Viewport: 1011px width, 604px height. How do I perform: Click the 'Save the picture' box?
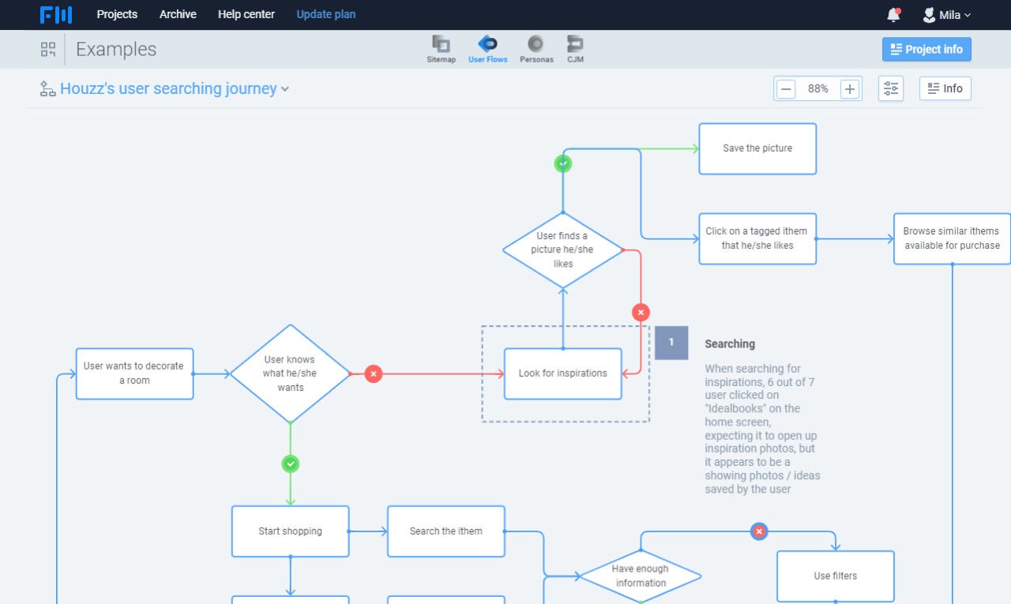coord(757,148)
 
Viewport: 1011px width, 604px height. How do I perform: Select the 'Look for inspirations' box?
coord(562,373)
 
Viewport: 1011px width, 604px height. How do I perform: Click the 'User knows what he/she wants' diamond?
coord(290,373)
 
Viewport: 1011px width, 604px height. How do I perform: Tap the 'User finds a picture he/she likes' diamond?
coord(562,249)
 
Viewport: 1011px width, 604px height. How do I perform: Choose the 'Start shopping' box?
coord(290,531)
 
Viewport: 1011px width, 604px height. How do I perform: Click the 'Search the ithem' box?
coord(445,531)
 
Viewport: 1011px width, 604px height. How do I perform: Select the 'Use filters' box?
coord(835,576)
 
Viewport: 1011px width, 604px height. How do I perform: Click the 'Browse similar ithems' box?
coord(952,238)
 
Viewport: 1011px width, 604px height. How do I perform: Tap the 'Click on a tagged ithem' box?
coord(757,238)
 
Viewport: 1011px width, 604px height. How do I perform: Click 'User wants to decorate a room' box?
coord(134,373)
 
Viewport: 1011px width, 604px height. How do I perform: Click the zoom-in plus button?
coord(850,89)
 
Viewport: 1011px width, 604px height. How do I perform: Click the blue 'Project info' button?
coord(926,49)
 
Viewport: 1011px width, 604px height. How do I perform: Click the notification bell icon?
coord(893,15)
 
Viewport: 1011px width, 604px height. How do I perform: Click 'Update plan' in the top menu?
coord(326,14)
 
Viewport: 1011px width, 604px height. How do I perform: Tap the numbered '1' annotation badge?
coord(671,343)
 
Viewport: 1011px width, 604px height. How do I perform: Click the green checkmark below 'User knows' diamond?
coord(291,464)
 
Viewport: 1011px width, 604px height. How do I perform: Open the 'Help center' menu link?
coord(246,14)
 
